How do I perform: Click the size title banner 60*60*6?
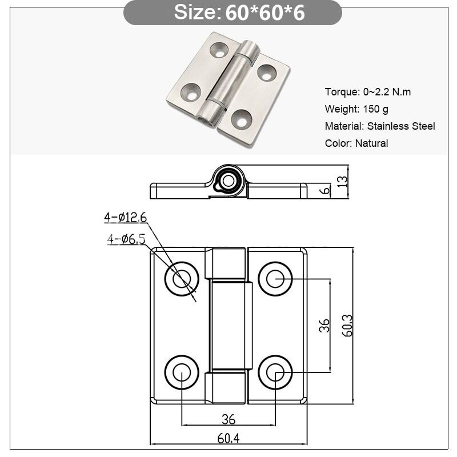(x=232, y=13)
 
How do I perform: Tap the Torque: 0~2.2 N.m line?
(x=368, y=92)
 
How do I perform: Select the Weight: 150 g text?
(x=356, y=109)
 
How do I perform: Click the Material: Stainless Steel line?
(x=380, y=126)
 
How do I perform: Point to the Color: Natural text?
(x=356, y=143)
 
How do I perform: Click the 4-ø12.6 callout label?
(x=125, y=217)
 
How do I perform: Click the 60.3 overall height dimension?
(x=347, y=326)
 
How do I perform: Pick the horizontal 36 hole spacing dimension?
(x=228, y=419)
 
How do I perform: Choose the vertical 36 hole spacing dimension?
(x=324, y=326)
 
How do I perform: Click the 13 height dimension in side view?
(x=342, y=181)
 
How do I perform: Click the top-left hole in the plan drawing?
(x=182, y=279)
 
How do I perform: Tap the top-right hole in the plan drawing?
(x=275, y=279)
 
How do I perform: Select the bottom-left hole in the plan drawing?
(x=182, y=372)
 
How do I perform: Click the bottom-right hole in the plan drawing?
(x=275, y=372)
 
